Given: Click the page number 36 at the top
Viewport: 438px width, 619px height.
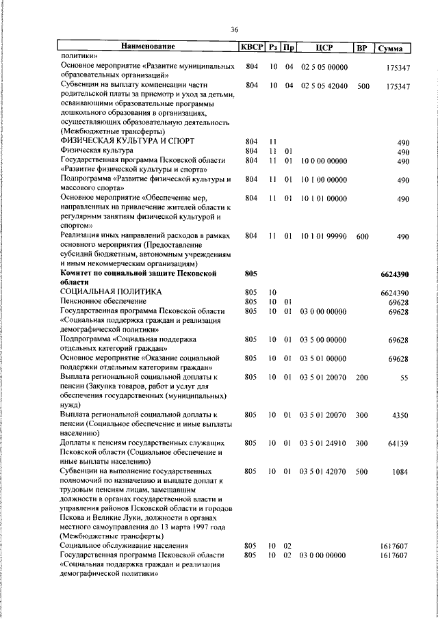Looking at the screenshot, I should point(234,29).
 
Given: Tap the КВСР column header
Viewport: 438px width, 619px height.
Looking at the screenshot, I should point(251,47).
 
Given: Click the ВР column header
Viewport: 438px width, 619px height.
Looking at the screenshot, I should point(363,47).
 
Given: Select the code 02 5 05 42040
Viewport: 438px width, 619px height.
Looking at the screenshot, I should point(324,86).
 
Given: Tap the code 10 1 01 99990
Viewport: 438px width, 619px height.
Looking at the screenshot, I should point(324,236).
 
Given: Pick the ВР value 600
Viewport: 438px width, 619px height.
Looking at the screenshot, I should point(363,236).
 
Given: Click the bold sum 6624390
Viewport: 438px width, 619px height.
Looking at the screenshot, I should point(395,274).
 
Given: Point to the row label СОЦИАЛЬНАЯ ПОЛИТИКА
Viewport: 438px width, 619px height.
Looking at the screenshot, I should point(111,292).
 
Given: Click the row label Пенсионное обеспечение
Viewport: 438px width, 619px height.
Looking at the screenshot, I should point(103,302).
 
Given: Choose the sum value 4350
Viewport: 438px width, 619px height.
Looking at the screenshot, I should point(400,415).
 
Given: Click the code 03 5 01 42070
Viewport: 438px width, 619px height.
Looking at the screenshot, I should point(324,472).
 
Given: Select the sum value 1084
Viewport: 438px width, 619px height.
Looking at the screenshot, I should point(400,472).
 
